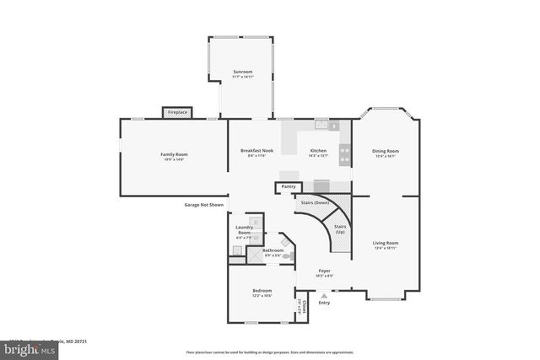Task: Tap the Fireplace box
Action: [x=177, y=112]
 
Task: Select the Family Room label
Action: [x=174, y=154]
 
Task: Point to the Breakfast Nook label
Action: [x=256, y=151]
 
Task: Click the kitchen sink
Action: [x=321, y=125]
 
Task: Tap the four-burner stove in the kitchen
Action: [x=344, y=153]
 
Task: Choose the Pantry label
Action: [x=289, y=186]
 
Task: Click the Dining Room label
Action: [x=386, y=151]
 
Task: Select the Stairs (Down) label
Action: [x=314, y=203]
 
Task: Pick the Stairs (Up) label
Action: [x=340, y=228]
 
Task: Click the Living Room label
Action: [x=386, y=243]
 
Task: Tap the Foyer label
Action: [x=324, y=271]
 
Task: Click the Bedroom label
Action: [x=262, y=291]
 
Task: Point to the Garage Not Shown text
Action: [x=204, y=205]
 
